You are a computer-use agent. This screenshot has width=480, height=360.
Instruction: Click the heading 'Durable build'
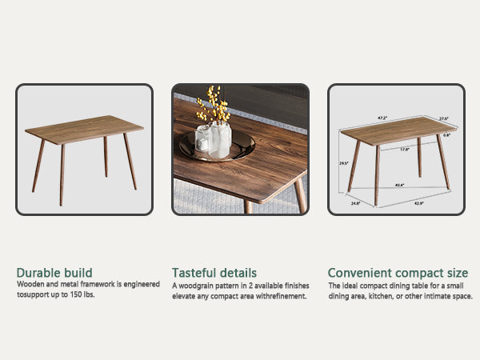click(54, 273)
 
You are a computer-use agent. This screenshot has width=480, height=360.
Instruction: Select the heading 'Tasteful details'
click(214, 273)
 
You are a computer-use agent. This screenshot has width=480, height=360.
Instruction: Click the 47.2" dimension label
click(382, 118)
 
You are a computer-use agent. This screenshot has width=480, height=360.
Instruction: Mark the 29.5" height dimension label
click(343, 163)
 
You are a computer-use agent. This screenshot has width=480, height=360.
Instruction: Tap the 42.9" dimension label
click(418, 203)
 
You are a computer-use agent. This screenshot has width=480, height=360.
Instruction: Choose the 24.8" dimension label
click(355, 202)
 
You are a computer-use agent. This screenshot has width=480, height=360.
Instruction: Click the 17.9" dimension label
click(404, 150)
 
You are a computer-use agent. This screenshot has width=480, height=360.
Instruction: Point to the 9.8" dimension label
click(447, 136)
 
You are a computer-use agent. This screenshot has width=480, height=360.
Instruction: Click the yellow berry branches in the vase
click(212, 105)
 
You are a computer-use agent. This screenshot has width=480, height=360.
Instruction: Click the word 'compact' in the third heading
click(417, 273)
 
